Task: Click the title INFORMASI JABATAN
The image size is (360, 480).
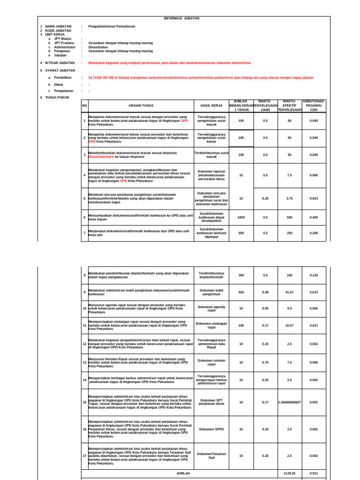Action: tap(181, 18)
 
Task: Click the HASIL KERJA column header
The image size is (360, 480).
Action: tap(211, 106)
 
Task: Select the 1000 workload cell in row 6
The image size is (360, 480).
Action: tap(241, 217)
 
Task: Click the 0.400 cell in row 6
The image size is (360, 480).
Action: tap(314, 217)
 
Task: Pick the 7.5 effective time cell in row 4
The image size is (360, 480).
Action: tap(290, 175)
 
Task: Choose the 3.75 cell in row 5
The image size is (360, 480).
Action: tap(290, 198)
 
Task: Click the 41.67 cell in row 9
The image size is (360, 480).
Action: tap(290, 292)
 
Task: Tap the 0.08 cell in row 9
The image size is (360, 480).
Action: tap(265, 292)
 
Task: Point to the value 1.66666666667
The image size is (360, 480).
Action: tap(290, 402)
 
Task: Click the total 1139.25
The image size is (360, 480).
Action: tap(290, 473)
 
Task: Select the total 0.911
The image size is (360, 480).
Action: tap(314, 473)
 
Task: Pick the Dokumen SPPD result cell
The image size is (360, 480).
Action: tap(211, 429)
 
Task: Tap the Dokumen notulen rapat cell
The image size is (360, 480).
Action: tap(211, 362)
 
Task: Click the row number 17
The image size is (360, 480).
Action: tap(84, 456)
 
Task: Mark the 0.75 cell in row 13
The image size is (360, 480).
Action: tap(265, 362)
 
